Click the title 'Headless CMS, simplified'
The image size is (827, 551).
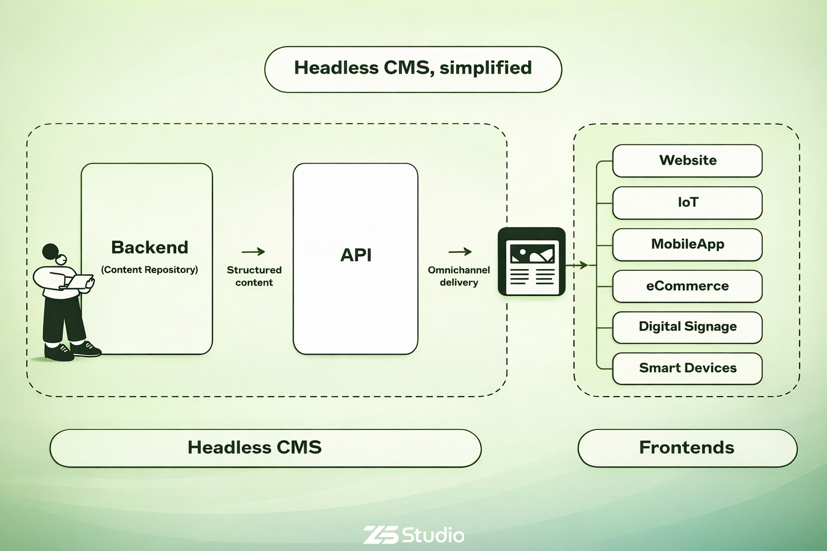tap(413, 68)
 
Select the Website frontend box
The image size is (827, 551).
tap(687, 160)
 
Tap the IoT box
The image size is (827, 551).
tap(687, 202)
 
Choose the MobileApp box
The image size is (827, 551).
tap(687, 244)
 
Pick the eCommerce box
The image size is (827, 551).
tap(687, 286)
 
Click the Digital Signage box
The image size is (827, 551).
tap(687, 327)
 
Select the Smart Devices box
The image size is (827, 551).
tap(687, 368)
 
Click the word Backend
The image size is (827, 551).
tap(150, 248)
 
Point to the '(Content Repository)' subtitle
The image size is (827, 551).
tap(150, 270)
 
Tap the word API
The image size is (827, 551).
tap(356, 255)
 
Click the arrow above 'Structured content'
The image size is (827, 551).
tap(254, 251)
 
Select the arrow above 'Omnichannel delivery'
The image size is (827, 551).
tap(460, 251)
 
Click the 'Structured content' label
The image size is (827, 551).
tap(254, 276)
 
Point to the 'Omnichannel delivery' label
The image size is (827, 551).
tap(459, 276)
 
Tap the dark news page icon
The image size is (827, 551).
tap(531, 262)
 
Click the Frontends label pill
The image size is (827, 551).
tap(687, 448)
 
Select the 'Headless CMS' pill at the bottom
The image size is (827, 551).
tap(265, 448)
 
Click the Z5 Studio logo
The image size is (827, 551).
tap(413, 535)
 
